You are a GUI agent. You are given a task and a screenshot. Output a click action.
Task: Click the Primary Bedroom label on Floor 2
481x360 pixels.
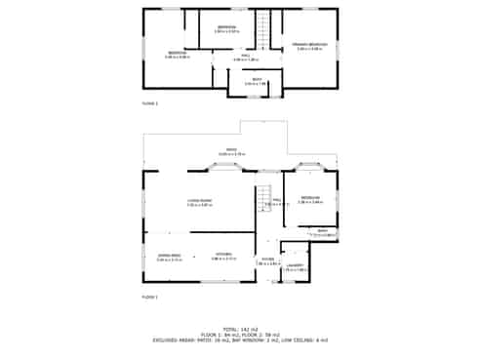click(x=311, y=45)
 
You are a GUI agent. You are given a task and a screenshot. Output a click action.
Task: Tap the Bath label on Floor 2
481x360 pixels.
click(x=257, y=80)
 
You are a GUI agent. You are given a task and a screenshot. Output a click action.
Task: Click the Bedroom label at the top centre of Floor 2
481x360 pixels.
click(x=226, y=26)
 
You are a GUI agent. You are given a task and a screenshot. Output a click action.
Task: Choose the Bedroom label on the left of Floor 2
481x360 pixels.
click(x=177, y=53)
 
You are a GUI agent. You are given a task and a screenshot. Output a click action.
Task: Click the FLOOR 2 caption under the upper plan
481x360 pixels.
click(x=149, y=102)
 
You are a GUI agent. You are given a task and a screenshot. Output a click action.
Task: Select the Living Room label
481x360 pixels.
click(x=199, y=201)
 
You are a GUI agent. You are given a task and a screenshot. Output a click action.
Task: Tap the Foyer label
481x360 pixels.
click(x=265, y=260)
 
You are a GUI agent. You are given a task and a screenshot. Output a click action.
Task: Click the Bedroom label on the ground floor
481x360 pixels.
click(x=310, y=199)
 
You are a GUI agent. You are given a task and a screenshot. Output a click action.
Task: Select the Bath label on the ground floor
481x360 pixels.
click(x=322, y=231)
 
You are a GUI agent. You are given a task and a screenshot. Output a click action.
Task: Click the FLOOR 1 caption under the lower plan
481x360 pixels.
click(x=149, y=296)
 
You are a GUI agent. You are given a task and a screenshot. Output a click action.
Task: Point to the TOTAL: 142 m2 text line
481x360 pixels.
click(x=240, y=329)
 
